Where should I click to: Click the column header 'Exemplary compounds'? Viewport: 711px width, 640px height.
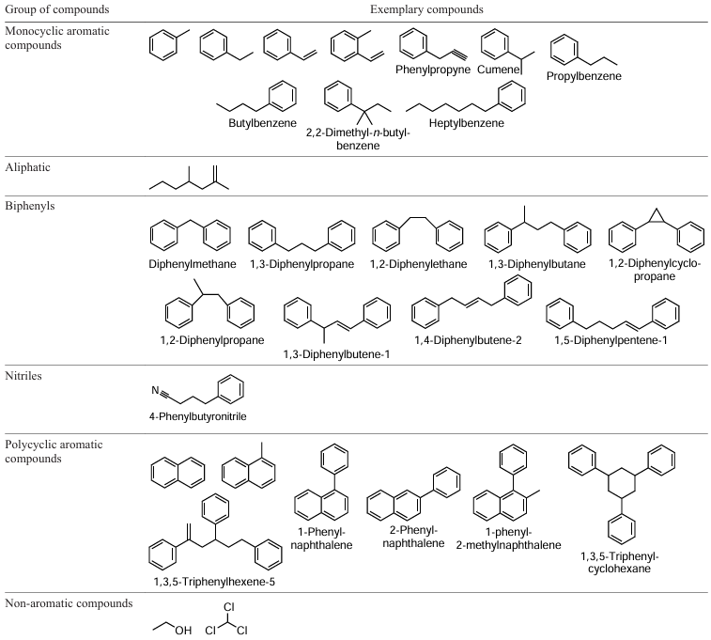click(426, 9)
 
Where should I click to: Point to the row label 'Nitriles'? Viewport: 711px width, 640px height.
click(26, 375)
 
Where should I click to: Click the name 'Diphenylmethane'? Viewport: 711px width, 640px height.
click(191, 264)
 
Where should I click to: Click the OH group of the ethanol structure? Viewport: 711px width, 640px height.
click(183, 630)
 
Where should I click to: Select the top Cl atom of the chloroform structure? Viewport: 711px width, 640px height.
click(228, 607)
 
